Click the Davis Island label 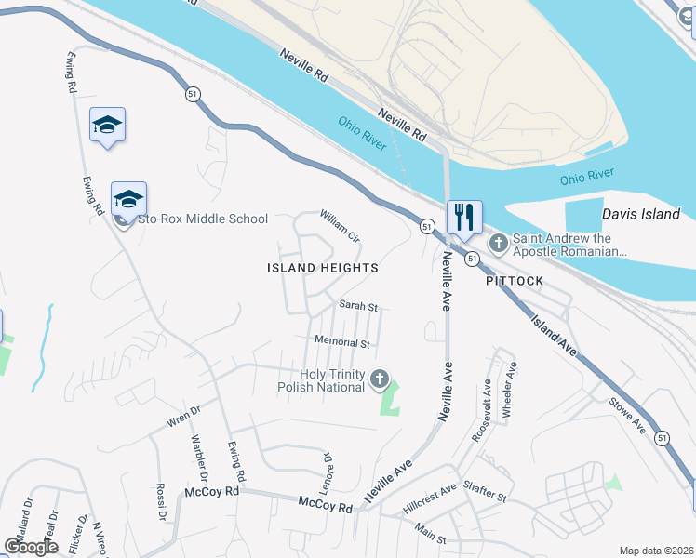(x=641, y=215)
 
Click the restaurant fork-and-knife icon (x=463, y=219)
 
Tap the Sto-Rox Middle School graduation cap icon (x=128, y=199)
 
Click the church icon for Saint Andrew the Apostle (x=499, y=244)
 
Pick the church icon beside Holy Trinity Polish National (x=379, y=379)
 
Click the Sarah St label (x=358, y=306)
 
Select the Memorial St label (x=342, y=342)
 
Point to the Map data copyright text (x=655, y=551)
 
